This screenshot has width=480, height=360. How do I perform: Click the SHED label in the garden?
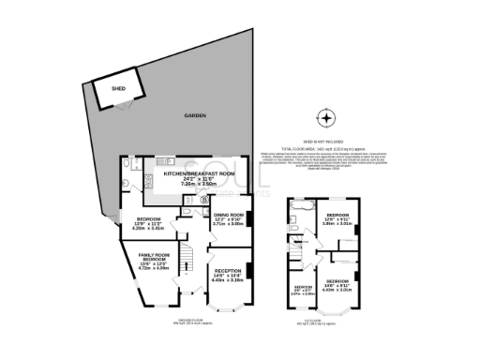(x=118, y=88)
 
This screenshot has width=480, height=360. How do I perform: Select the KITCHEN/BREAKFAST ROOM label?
(x=198, y=174)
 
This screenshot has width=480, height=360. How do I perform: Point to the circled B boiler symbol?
(x=205, y=199)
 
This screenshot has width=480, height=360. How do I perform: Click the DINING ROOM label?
(x=228, y=215)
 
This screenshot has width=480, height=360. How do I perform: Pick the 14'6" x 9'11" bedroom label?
(x=337, y=281)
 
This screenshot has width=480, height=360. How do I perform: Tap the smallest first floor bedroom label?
(x=303, y=287)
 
